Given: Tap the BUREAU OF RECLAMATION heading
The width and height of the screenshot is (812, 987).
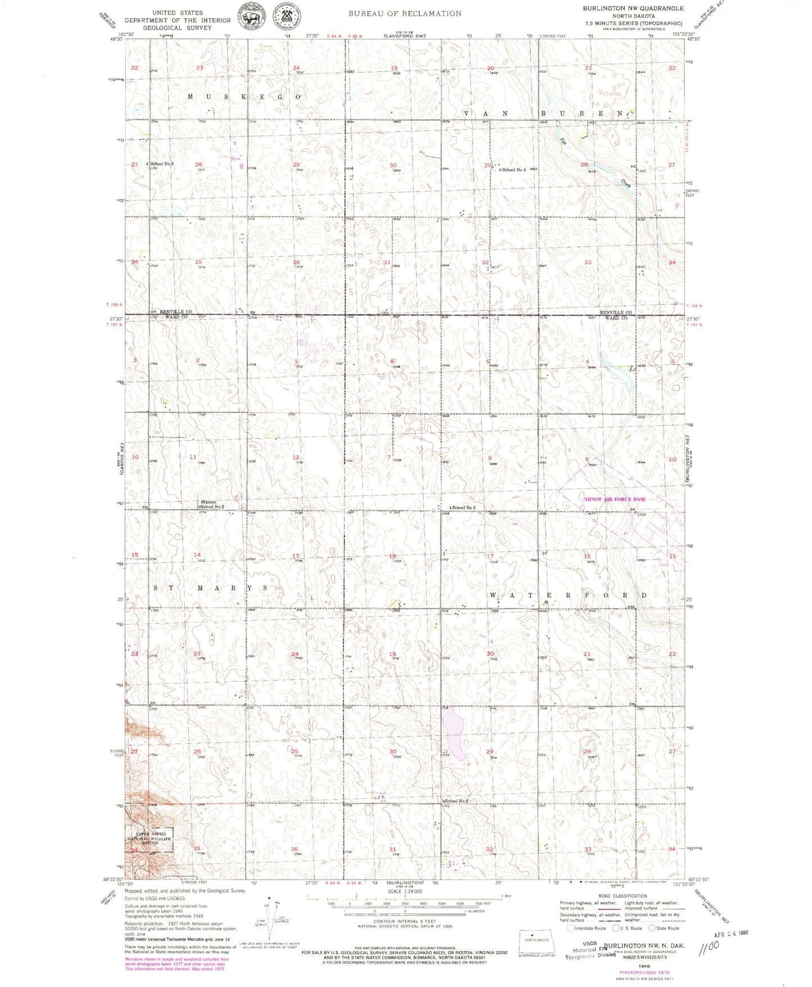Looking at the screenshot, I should point(405,13).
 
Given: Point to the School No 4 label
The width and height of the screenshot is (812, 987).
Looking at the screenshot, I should point(514,170).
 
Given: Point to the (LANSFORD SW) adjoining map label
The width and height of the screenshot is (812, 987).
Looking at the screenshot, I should point(405,36).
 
